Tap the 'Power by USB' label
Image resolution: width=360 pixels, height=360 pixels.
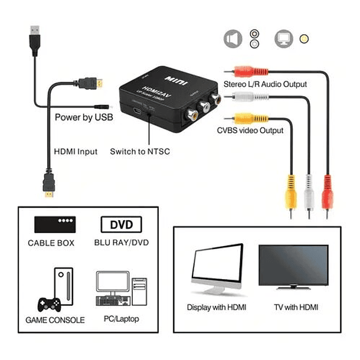click(x=84, y=117)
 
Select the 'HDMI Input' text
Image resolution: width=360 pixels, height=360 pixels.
click(x=76, y=152)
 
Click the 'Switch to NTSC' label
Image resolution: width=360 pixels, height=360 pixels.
click(x=140, y=152)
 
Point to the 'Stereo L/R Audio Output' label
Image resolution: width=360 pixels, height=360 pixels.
click(x=265, y=84)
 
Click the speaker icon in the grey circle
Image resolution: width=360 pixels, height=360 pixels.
click(x=233, y=39)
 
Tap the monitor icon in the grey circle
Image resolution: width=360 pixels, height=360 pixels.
click(x=283, y=39)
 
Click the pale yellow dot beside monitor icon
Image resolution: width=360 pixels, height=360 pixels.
click(x=305, y=39)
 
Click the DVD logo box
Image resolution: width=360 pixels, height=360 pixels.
click(x=122, y=225)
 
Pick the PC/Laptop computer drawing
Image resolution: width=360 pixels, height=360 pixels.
click(x=120, y=289)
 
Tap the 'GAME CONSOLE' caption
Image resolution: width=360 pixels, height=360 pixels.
click(x=55, y=320)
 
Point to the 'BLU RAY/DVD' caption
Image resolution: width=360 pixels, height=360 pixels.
click(x=122, y=243)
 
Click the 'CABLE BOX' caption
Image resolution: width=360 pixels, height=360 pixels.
click(x=54, y=243)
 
